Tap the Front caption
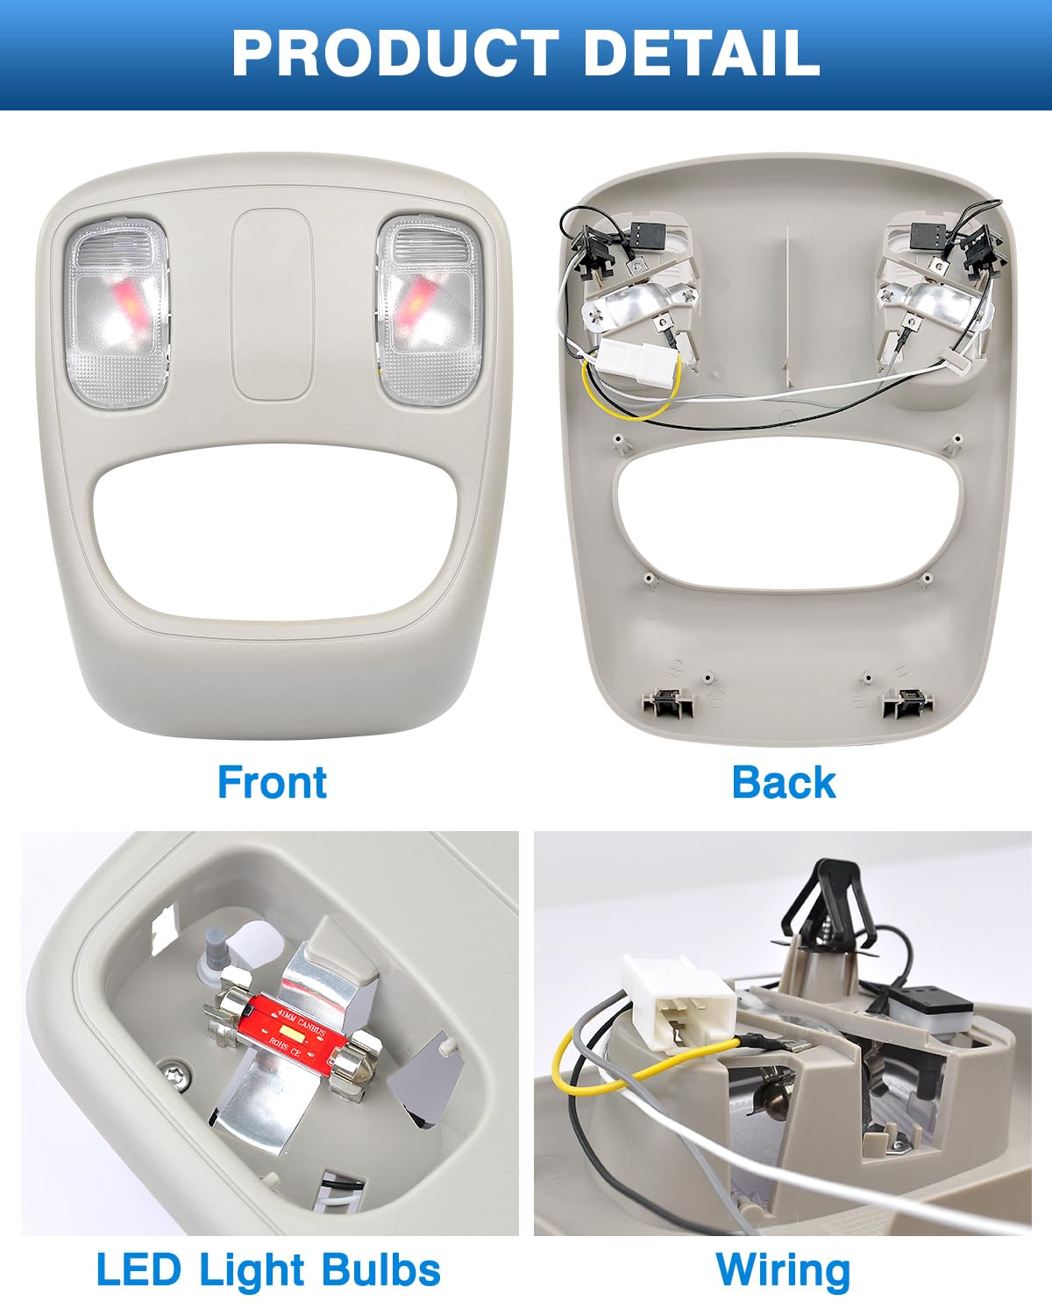click(273, 783)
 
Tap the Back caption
click(784, 783)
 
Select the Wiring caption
click(783, 1270)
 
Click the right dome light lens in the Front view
click(429, 310)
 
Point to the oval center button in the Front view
click(272, 305)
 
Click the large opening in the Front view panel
click(275, 531)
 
